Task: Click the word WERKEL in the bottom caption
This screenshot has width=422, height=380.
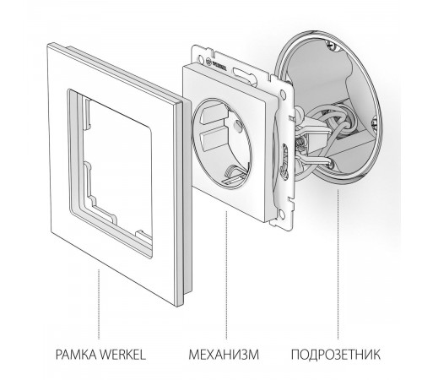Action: click(x=127, y=352)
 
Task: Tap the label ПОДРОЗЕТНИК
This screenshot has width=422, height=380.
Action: click(x=342, y=352)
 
